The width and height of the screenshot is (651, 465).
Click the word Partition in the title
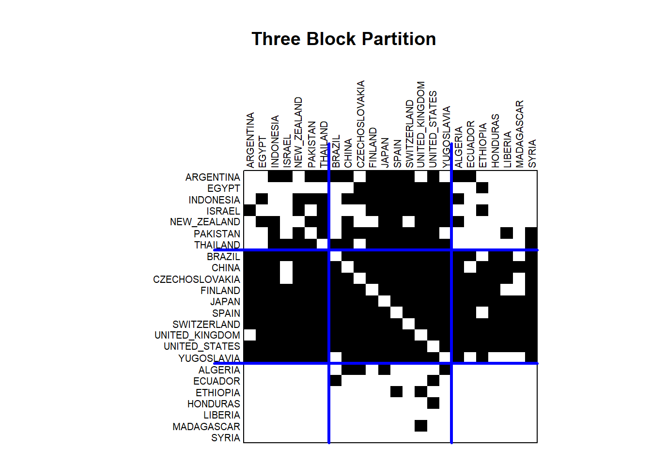pyautogui.click(x=399, y=39)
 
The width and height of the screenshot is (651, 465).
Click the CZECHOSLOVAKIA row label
pyautogui.click(x=197, y=279)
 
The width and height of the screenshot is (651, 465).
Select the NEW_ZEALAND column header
pyautogui.click(x=298, y=133)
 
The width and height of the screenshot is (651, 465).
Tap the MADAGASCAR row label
pyautogui.click(x=206, y=427)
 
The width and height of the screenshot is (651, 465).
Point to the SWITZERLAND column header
pyautogui.click(x=409, y=134)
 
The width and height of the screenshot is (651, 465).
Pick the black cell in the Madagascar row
pyautogui.click(x=421, y=426)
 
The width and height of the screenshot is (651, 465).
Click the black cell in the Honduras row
pyautogui.click(x=433, y=403)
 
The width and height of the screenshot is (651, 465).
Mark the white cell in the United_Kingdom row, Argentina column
pyautogui.click(x=250, y=335)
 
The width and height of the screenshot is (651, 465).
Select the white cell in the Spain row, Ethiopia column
pyautogui.click(x=482, y=312)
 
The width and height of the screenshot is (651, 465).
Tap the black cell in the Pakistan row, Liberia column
pyautogui.click(x=507, y=233)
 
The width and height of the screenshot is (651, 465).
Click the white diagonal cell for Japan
pyautogui.click(x=384, y=301)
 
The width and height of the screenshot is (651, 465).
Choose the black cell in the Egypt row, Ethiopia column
pyautogui.click(x=482, y=188)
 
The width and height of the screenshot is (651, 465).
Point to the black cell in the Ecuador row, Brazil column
pyautogui.click(x=336, y=380)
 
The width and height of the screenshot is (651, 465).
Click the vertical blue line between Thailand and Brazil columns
pyautogui.click(x=329, y=293)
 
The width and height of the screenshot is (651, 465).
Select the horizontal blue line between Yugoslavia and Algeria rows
pyautogui.click(x=376, y=363)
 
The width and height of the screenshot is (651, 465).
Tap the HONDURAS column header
pyautogui.click(x=496, y=141)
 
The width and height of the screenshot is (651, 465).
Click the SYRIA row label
pyautogui.click(x=226, y=438)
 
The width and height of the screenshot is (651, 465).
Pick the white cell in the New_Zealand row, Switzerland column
pyautogui.click(x=409, y=222)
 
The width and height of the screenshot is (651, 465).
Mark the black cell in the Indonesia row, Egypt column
pyautogui.click(x=262, y=199)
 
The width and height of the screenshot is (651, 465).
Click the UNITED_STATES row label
pyautogui.click(x=202, y=346)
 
